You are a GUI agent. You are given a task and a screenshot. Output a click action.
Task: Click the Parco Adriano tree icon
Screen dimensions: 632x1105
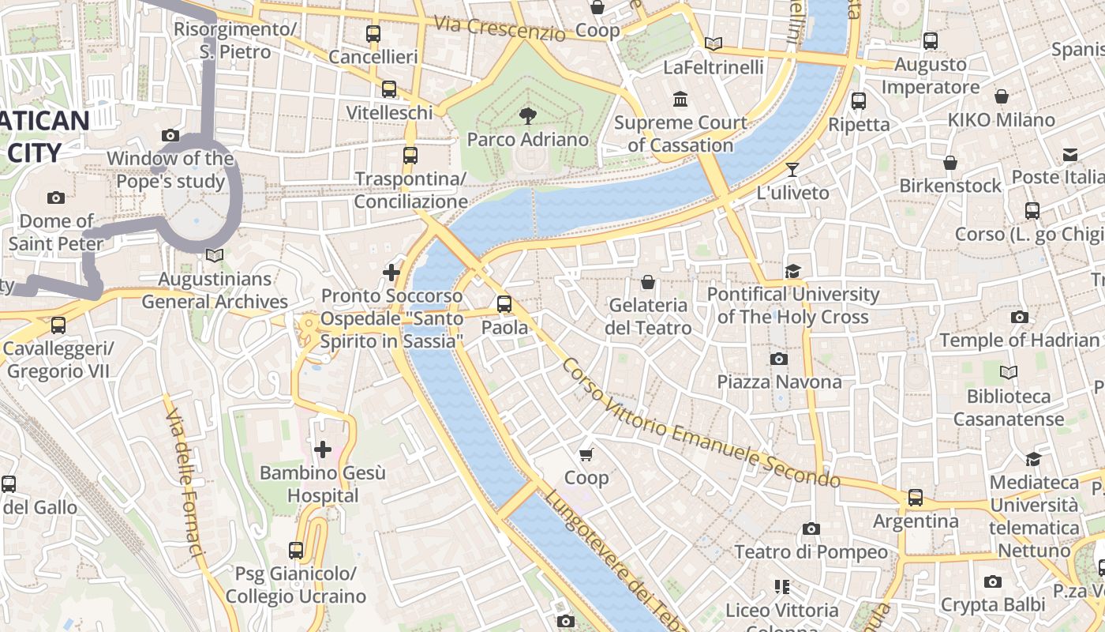tap(526, 117)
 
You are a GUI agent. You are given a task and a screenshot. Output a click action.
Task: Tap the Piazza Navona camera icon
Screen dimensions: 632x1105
tap(779, 359)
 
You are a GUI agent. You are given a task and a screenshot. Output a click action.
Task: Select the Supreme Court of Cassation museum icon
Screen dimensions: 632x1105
tap(680, 100)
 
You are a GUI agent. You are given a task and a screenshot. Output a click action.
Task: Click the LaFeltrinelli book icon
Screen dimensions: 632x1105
tap(714, 44)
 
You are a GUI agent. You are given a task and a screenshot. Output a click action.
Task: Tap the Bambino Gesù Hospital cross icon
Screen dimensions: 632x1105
tap(323, 450)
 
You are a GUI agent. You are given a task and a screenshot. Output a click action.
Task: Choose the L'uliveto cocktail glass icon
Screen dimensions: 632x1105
tap(792, 169)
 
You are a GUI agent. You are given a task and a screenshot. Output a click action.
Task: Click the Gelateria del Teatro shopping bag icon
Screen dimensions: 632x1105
tap(648, 282)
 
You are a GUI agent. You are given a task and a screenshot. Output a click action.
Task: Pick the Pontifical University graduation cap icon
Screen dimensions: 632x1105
tap(792, 272)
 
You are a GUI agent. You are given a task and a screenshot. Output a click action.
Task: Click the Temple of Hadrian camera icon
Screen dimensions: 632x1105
tap(1020, 318)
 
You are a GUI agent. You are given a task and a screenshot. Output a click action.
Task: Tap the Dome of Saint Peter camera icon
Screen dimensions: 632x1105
tap(55, 197)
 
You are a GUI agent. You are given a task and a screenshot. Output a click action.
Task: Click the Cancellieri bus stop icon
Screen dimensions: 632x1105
tap(373, 34)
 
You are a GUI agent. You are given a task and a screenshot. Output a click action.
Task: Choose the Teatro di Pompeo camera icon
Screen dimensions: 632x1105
tap(811, 529)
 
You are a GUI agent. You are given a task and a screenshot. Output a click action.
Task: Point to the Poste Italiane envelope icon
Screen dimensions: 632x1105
tap(1069, 154)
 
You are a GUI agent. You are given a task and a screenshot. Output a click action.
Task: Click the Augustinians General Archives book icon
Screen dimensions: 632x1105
tap(214, 255)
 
